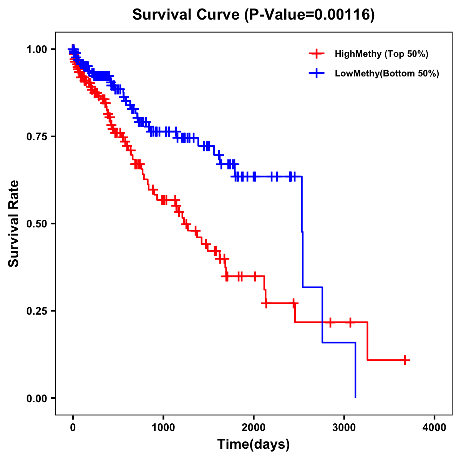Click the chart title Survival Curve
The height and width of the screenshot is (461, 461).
(186, 15)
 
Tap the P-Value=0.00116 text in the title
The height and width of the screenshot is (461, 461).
(310, 15)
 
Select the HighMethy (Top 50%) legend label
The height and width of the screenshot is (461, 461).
(381, 54)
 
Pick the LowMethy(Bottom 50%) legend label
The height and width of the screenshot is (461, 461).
(386, 74)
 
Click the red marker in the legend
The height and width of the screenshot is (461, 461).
(316, 54)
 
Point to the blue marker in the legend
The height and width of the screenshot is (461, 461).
(316, 74)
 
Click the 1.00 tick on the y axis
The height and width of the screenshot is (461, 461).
(36, 49)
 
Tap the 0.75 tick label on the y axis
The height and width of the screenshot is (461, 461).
(36, 136)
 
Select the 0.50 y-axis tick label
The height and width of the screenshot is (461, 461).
(36, 224)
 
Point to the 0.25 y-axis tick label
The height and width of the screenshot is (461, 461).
(36, 311)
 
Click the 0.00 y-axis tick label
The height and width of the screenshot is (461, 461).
(36, 398)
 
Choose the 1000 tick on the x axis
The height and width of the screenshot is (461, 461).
(163, 428)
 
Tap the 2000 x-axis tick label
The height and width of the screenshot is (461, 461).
(254, 428)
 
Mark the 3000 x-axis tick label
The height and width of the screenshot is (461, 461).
(344, 428)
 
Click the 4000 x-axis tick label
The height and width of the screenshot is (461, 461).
(434, 428)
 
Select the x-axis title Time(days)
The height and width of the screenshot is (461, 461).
(254, 444)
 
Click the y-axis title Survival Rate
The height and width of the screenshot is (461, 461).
(14, 224)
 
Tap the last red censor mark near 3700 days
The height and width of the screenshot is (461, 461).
(405, 360)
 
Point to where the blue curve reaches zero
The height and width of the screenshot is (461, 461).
(355, 397)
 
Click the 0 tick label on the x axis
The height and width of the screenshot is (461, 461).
(73, 428)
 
